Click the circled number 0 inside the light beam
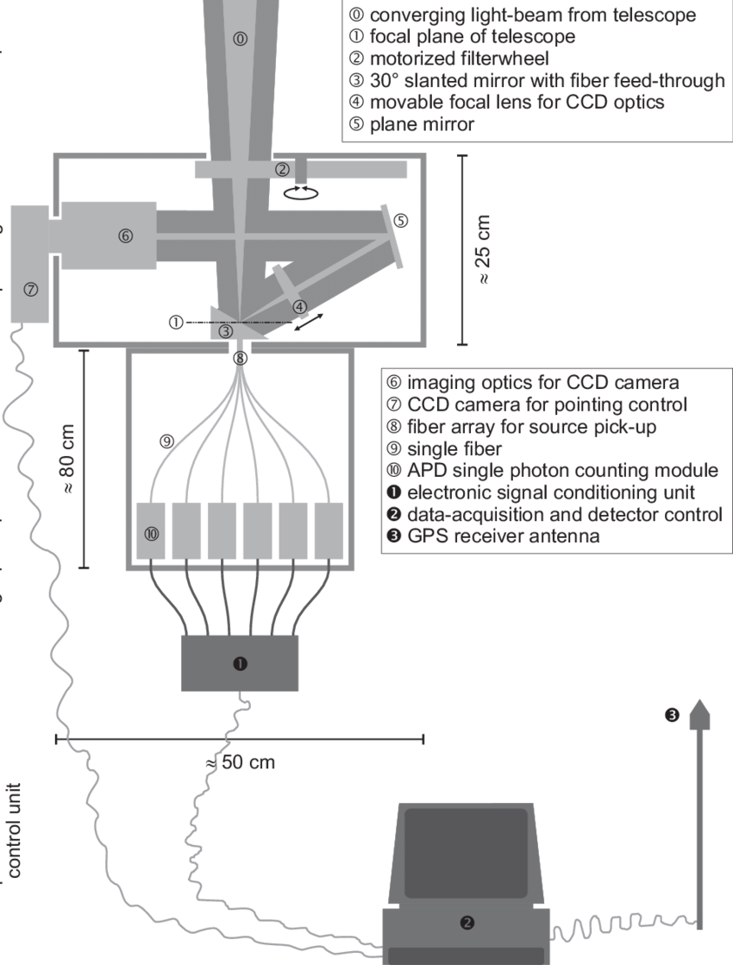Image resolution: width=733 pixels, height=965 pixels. (240, 38)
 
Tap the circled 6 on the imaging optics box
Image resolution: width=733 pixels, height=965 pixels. (125, 235)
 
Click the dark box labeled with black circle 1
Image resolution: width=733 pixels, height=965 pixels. (240, 662)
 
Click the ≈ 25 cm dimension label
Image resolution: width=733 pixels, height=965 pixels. (485, 251)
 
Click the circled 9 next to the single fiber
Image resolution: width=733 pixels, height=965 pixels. (166, 441)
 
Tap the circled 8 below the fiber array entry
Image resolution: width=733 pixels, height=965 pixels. (241, 357)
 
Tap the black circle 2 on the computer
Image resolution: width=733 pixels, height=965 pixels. (467, 922)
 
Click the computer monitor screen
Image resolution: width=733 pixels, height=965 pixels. (467, 849)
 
